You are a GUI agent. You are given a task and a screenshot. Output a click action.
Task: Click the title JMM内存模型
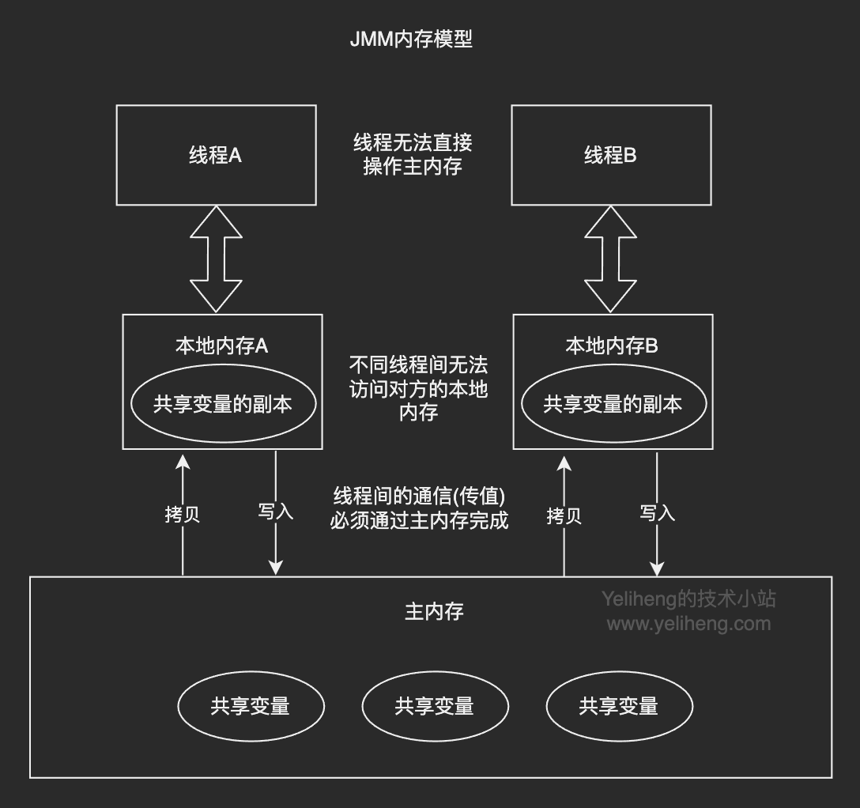(x=411, y=40)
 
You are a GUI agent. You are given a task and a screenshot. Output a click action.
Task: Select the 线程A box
(x=216, y=155)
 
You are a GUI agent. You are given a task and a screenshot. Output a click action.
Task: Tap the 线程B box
(x=611, y=155)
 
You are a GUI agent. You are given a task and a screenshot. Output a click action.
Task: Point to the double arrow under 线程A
(x=216, y=259)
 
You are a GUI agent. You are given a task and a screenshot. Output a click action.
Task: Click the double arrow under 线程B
(x=610, y=259)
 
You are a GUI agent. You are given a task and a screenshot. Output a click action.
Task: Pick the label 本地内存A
(x=222, y=345)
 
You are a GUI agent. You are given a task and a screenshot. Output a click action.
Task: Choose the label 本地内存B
(x=613, y=345)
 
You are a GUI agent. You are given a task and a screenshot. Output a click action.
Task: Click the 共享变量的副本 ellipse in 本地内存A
(x=223, y=404)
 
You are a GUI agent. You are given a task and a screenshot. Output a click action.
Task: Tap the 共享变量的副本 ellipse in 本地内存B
(x=613, y=404)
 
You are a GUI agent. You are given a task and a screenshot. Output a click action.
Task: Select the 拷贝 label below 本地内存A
(x=183, y=515)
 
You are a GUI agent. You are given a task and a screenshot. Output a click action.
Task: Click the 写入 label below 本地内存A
(x=275, y=512)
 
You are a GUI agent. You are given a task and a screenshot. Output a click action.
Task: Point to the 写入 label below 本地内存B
(x=657, y=513)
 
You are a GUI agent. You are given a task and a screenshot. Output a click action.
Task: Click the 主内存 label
(x=434, y=612)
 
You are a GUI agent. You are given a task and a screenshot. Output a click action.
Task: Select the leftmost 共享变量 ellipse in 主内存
(x=251, y=706)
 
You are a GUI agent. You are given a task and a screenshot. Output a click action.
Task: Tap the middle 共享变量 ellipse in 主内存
(x=434, y=706)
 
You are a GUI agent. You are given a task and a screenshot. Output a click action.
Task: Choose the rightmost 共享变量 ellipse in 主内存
(x=619, y=706)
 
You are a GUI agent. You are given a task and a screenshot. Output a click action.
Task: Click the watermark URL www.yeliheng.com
(x=688, y=624)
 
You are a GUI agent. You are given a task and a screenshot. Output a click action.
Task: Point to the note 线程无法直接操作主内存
(x=413, y=155)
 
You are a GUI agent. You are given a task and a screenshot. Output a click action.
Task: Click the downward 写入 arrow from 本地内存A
(x=275, y=546)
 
